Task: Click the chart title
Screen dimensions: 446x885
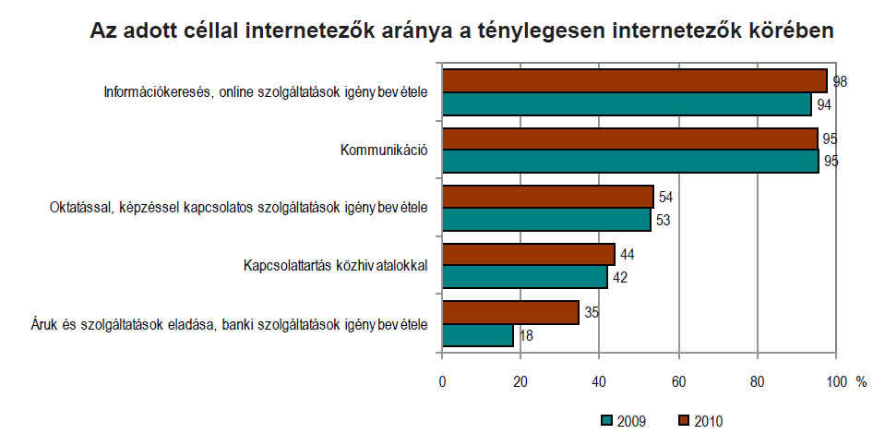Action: point(461,30)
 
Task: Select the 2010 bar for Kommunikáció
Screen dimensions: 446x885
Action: point(630,139)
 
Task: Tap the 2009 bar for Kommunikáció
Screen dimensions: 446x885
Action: point(630,162)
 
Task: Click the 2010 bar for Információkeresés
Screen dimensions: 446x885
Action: point(635,80)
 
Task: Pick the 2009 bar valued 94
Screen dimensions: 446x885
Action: point(627,103)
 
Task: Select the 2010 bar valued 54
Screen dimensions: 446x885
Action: point(548,197)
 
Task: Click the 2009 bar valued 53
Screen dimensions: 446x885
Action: point(546,220)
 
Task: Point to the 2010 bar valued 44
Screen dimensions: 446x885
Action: point(529,254)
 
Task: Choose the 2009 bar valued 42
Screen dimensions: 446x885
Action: point(525,277)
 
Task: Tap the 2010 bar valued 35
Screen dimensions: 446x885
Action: point(510,312)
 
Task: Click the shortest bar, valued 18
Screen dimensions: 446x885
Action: point(478,335)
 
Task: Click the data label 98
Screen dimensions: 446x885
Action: point(840,81)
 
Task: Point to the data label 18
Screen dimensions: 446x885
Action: point(527,336)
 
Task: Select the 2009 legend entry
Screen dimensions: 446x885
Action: point(624,421)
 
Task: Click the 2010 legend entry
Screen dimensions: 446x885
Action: point(701,421)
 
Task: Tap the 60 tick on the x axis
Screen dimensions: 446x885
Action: point(678,382)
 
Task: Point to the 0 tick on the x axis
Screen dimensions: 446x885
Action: point(443,382)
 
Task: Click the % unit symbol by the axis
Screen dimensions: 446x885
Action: point(861,382)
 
